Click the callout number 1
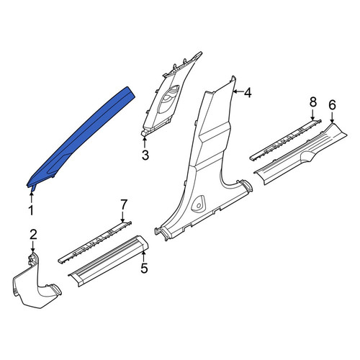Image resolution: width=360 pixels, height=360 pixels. tap(31, 210)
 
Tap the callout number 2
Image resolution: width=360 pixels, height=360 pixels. tap(33, 235)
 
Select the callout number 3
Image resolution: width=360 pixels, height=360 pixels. tap(145, 155)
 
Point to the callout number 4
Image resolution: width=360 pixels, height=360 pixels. tap(248, 92)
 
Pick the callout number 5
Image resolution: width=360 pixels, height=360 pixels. tap(144, 268)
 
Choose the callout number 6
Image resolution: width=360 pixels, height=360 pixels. tap(332, 105)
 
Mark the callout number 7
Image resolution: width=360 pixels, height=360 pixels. tap(123, 204)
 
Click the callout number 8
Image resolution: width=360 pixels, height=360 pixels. tap(312, 102)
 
